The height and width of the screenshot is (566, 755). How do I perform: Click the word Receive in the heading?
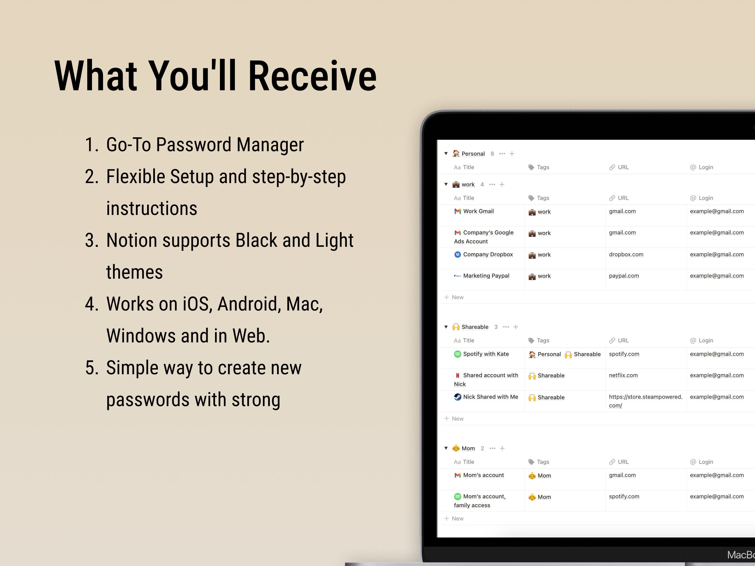point(312,76)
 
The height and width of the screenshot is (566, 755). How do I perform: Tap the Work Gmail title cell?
point(478,212)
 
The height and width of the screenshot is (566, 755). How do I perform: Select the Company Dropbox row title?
point(488,255)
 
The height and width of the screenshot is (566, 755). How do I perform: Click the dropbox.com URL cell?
point(626,255)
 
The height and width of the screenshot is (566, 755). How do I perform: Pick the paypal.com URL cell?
point(624,276)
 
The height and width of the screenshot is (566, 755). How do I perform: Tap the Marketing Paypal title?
point(486,276)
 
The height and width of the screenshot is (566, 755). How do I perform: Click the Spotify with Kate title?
point(486,354)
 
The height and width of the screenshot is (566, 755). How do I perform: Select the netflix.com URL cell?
point(623,375)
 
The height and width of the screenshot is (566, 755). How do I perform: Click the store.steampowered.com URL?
point(645,401)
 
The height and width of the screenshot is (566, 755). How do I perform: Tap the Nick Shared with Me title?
point(490,397)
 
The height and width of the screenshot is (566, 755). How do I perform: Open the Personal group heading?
point(473,154)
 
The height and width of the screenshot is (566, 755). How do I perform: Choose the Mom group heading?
point(468,449)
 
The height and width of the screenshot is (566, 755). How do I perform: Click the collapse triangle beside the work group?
point(446,184)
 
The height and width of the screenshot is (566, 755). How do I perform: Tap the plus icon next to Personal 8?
point(512,154)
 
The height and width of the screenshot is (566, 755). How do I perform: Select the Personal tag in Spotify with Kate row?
point(549,354)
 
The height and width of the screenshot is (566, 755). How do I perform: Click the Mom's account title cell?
point(483,475)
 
